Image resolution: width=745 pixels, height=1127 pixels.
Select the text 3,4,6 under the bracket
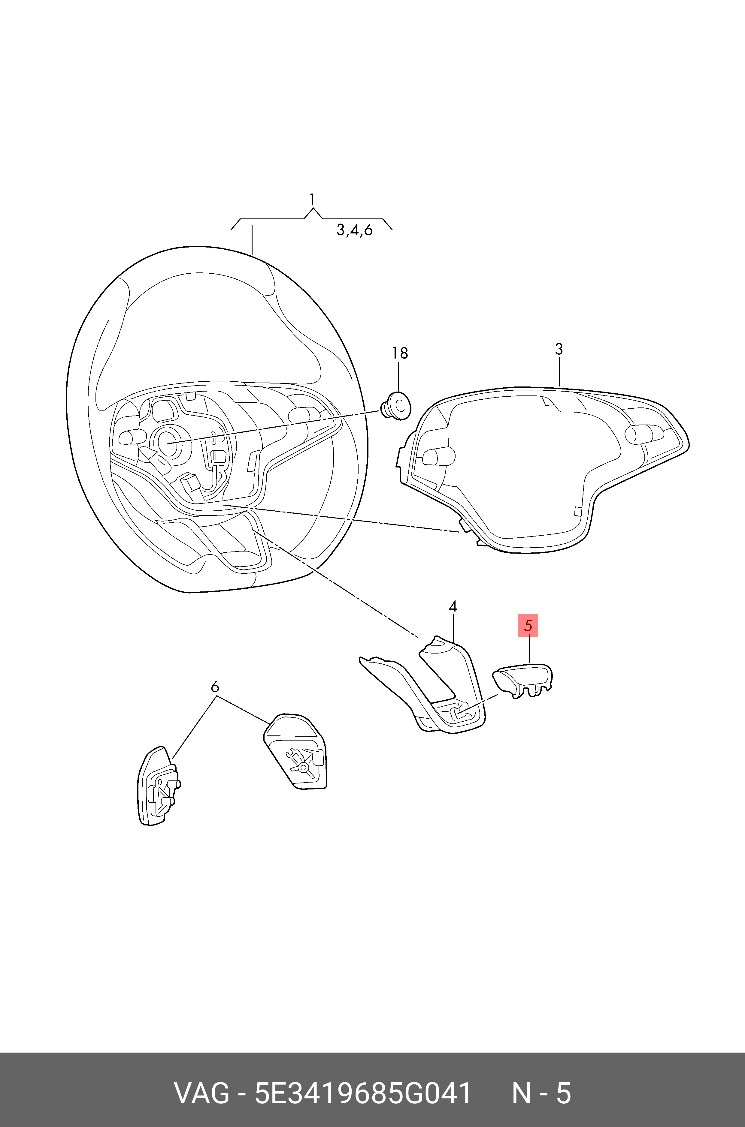click(354, 230)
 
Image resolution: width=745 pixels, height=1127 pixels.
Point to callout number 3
click(559, 349)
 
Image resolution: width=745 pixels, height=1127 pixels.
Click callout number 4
click(453, 607)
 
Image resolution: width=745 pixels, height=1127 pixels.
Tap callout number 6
click(214, 687)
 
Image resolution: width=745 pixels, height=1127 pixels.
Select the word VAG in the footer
click(202, 1090)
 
